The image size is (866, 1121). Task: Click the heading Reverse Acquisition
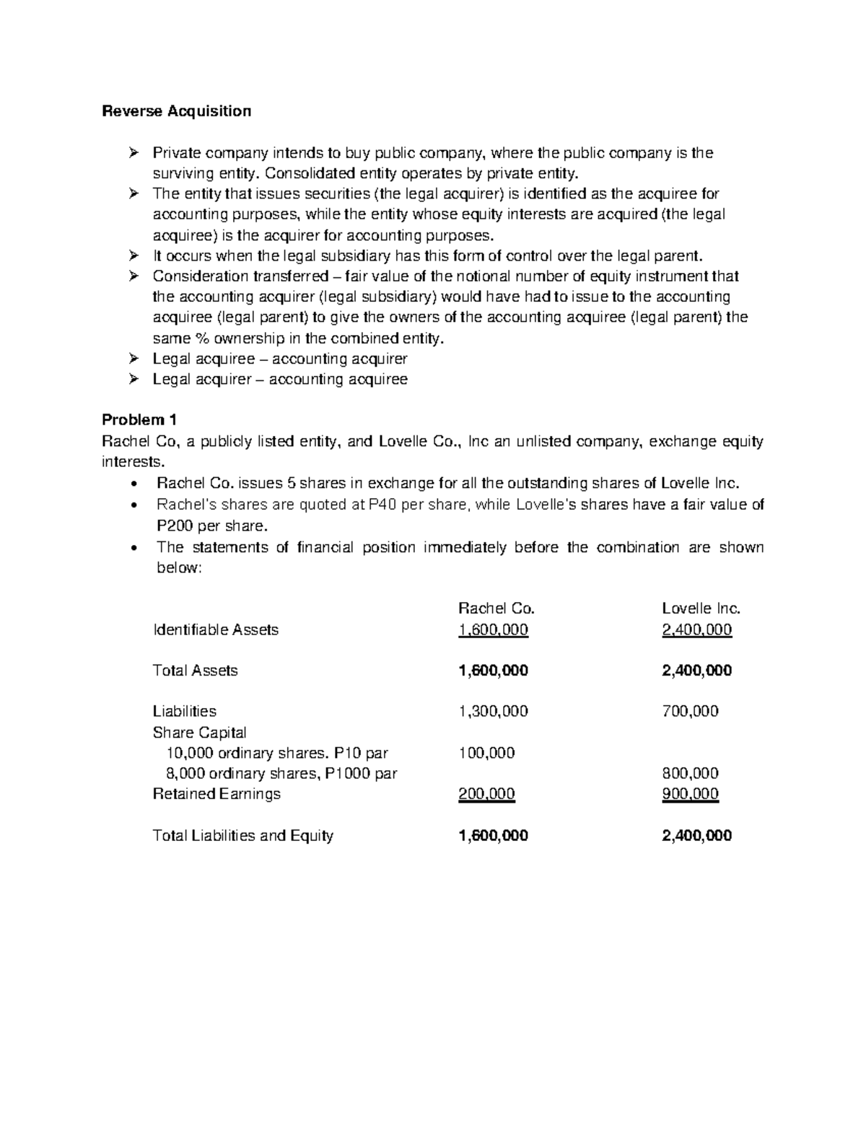[176, 111]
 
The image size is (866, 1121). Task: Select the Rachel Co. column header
[497, 609]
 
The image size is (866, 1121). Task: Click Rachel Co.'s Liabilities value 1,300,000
[493, 711]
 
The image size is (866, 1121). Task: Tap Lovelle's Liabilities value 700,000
[689, 711]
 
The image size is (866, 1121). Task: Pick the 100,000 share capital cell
[486, 753]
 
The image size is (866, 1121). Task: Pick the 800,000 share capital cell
[689, 773]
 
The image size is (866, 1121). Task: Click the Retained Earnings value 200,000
[486, 794]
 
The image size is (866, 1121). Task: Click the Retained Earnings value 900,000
[689, 794]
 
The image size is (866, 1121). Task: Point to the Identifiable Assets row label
[215, 629]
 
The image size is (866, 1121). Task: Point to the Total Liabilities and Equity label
[242, 836]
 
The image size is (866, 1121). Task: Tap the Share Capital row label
[199, 732]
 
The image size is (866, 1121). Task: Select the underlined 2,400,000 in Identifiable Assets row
[696, 629]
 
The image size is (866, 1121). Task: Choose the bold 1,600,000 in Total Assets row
[493, 671]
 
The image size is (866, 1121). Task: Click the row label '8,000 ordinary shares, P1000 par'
[281, 774]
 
